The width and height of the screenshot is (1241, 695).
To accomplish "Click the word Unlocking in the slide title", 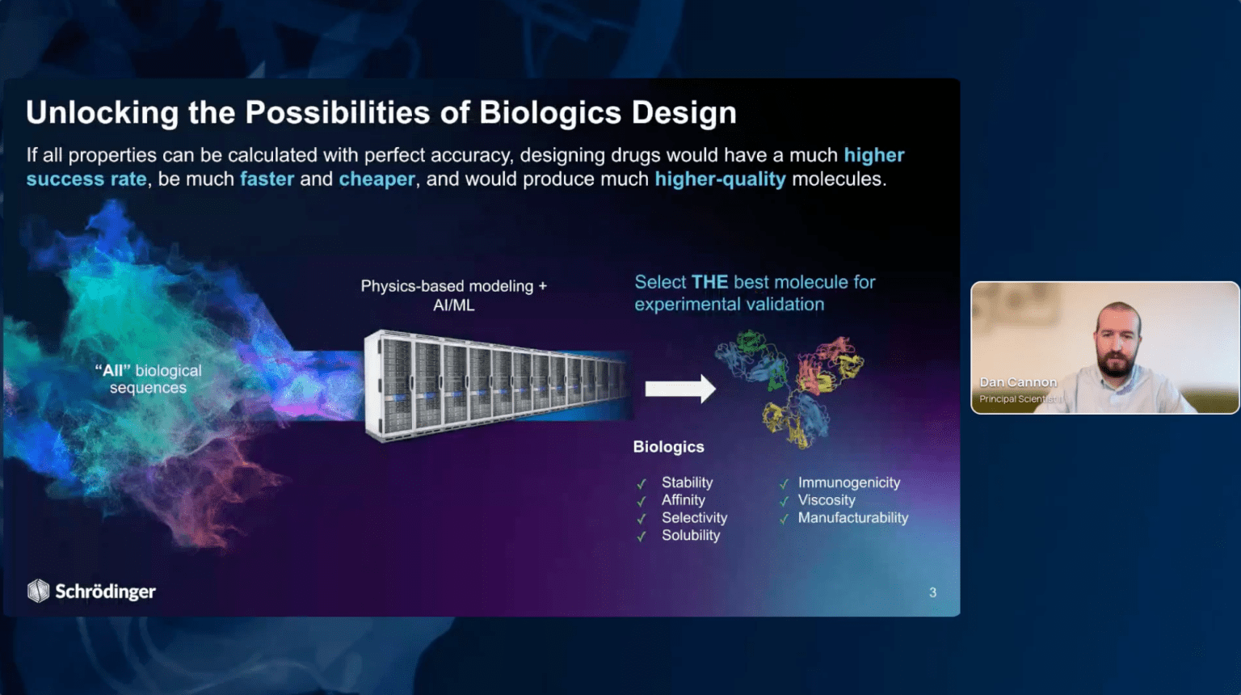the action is [x=103, y=113].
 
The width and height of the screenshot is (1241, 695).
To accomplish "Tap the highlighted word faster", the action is [x=267, y=179].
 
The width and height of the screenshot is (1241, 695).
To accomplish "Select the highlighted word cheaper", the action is [x=377, y=179].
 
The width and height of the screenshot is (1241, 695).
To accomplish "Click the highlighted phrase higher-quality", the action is [x=720, y=179].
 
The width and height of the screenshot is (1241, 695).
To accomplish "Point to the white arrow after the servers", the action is [x=680, y=389].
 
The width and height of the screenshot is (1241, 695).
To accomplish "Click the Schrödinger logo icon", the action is [x=38, y=591].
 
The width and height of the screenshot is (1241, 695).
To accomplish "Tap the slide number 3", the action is [x=933, y=592].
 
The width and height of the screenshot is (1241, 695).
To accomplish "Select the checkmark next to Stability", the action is [x=642, y=484].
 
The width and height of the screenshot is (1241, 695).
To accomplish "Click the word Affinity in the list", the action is [x=683, y=500].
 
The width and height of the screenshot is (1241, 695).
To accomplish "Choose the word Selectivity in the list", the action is [x=694, y=518].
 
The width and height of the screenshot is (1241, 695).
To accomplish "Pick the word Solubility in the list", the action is [x=691, y=535].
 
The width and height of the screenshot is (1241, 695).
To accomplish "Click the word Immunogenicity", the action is [x=849, y=482].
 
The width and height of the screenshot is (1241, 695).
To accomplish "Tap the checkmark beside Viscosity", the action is [x=784, y=502].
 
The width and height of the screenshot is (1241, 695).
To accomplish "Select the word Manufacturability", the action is [x=853, y=518].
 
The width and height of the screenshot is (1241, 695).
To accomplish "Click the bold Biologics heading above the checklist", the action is [x=669, y=447].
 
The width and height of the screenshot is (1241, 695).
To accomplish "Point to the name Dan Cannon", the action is [x=1018, y=382].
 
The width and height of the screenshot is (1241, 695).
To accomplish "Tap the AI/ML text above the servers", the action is [x=454, y=305].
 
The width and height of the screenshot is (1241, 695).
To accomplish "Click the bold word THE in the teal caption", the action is [x=709, y=282].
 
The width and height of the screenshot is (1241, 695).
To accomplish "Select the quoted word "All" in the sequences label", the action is [x=113, y=371].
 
